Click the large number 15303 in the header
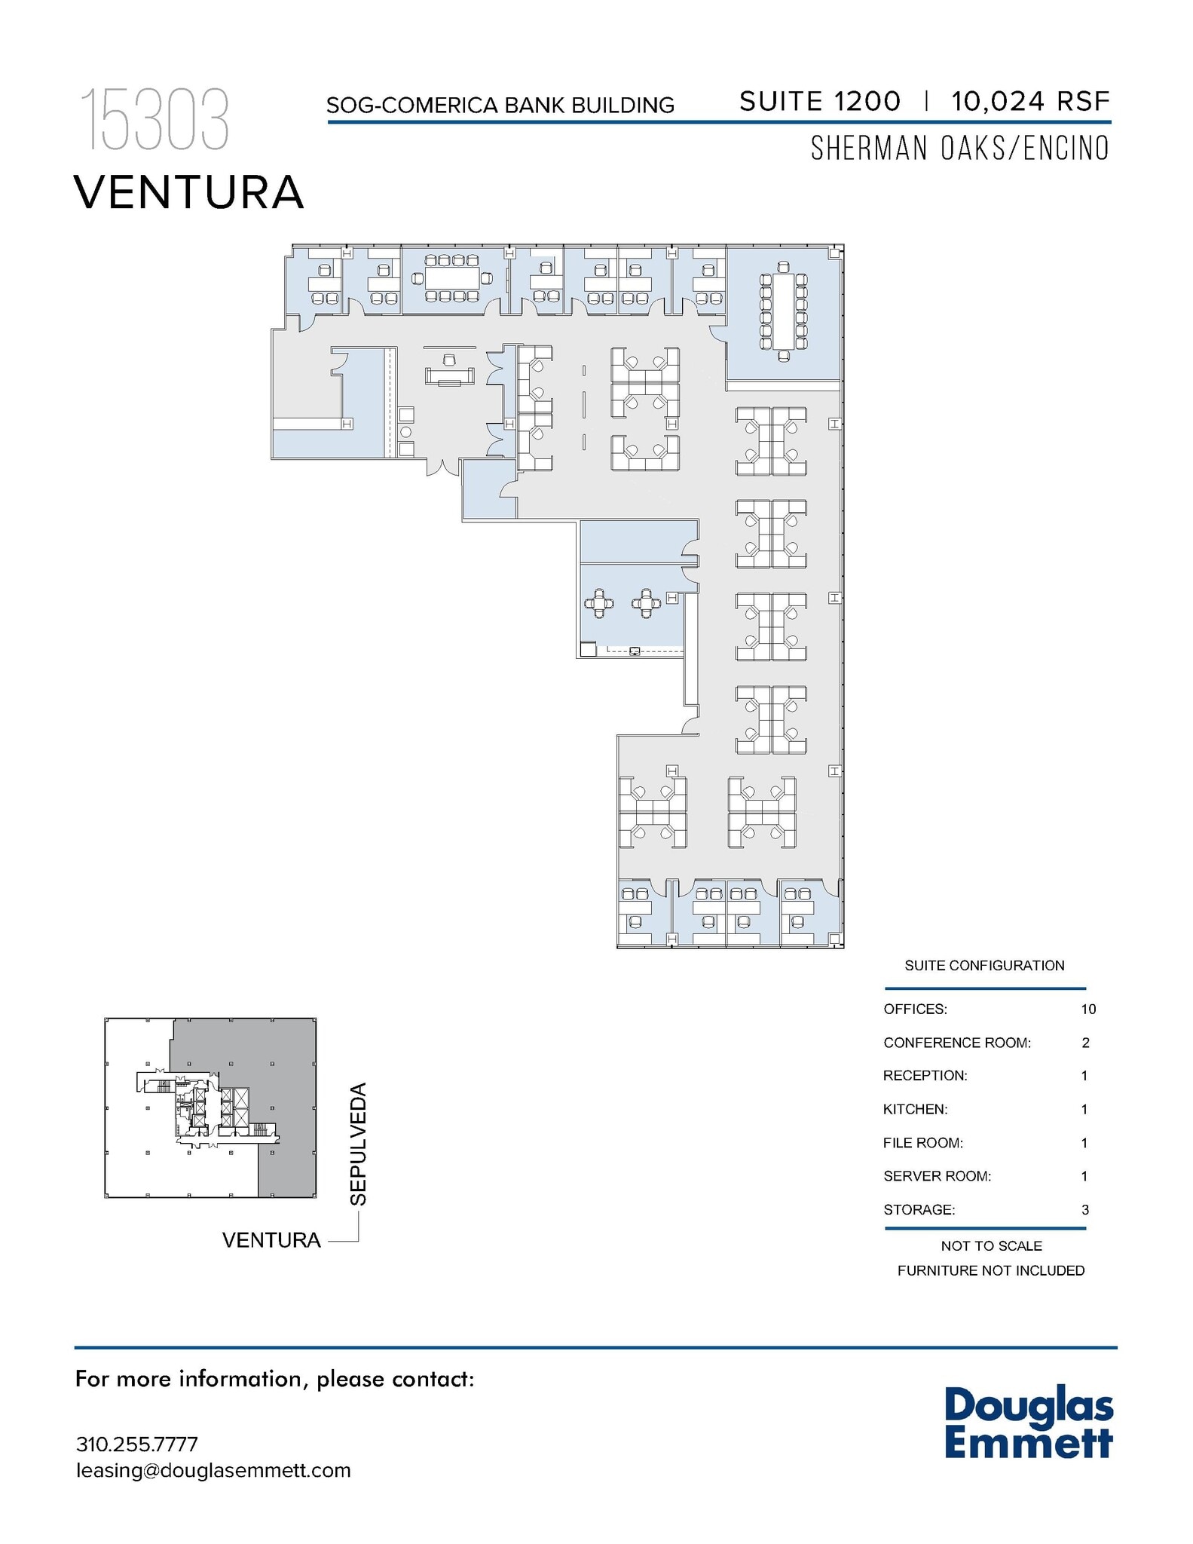154,119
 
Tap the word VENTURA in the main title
189,192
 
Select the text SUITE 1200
819,101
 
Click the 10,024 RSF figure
1029,101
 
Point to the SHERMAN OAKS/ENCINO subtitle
959,149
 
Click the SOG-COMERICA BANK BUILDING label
500,106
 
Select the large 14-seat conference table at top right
784,311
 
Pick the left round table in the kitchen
599,603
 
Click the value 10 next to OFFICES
1087,1009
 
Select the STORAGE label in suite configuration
919,1209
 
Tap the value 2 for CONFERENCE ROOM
1085,1043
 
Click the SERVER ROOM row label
937,1176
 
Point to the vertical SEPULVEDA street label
359,1144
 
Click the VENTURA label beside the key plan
271,1240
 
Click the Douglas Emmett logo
1028,1423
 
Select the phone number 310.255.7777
137,1444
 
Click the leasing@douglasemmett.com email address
213,1470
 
